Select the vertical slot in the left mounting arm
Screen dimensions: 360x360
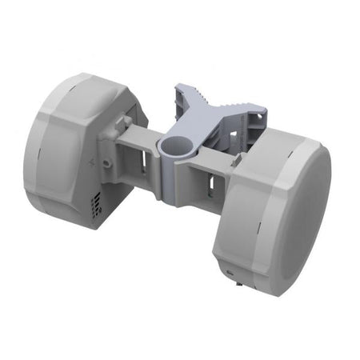tap(142, 164)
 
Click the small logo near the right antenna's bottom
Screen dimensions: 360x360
tap(232, 271)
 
